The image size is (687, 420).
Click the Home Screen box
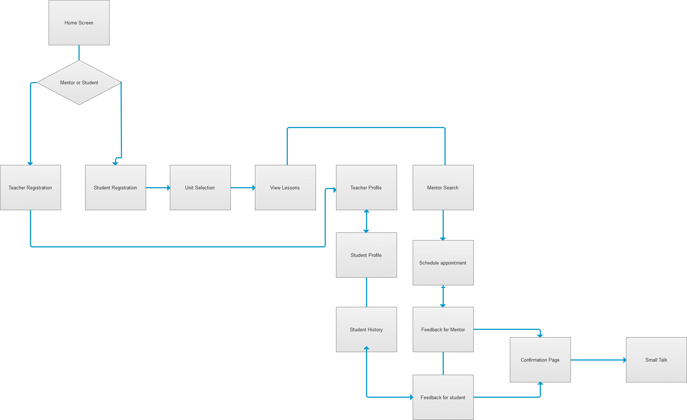(79, 23)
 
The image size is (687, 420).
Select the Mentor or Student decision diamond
(79, 82)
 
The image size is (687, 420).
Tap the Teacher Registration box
(30, 188)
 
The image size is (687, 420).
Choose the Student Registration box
(115, 188)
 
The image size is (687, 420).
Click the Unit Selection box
(200, 188)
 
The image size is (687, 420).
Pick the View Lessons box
(285, 188)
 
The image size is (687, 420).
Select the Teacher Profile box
(366, 188)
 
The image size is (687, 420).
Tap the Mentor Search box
(443, 188)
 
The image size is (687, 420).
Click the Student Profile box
(366, 255)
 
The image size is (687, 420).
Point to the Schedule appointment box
(443, 263)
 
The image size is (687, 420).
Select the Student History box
(366, 330)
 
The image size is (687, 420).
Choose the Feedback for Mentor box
(443, 330)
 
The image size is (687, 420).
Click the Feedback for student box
(443, 397)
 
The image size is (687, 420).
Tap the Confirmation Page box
(540, 360)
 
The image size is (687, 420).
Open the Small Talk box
(656, 360)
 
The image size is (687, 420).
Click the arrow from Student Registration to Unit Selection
(158, 188)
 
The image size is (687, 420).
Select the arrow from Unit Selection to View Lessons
(243, 188)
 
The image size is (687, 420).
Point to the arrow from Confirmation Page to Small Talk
(598, 360)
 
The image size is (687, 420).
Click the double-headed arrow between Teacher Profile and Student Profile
(366, 221)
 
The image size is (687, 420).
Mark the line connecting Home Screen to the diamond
(79, 53)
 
